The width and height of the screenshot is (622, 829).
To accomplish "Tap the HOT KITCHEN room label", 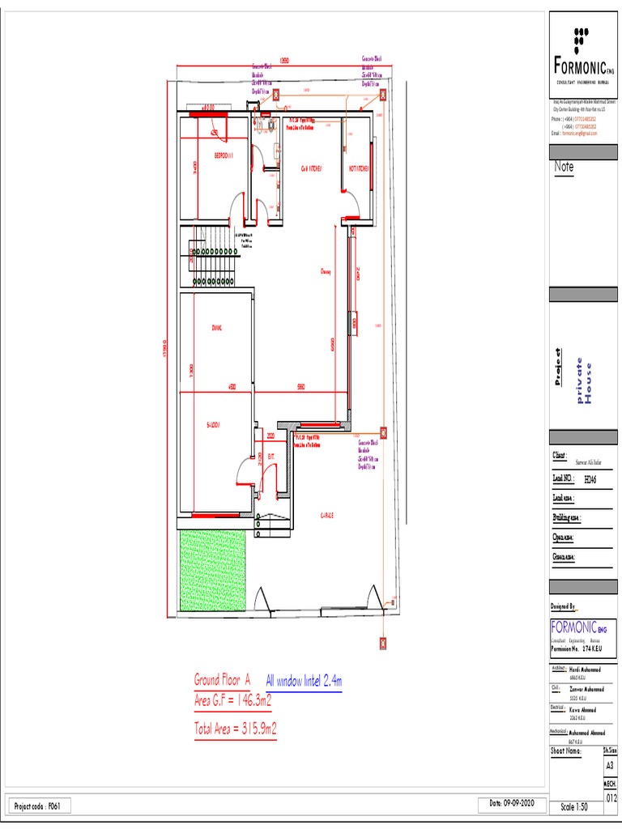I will (x=359, y=169).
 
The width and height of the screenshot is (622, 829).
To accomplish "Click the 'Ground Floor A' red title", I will (x=222, y=679).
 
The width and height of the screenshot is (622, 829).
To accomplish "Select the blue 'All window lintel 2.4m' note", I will (x=304, y=682).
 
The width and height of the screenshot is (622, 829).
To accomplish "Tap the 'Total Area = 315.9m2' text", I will (x=235, y=729).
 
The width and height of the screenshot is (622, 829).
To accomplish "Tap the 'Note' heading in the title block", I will (x=564, y=167).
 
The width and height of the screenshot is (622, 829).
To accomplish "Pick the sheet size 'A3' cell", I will (x=610, y=766).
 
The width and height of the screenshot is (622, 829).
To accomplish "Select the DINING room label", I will (x=216, y=328).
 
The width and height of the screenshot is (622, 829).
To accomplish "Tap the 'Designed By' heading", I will (x=563, y=606).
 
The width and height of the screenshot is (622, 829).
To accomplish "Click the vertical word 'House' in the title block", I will (x=589, y=380).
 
